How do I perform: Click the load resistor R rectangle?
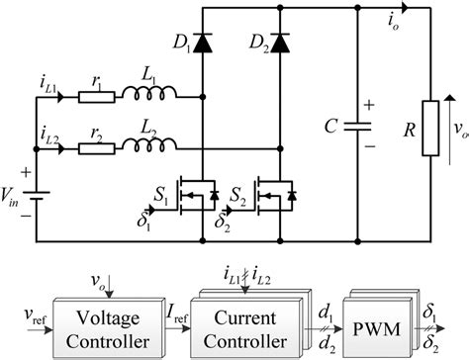click(428, 128)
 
